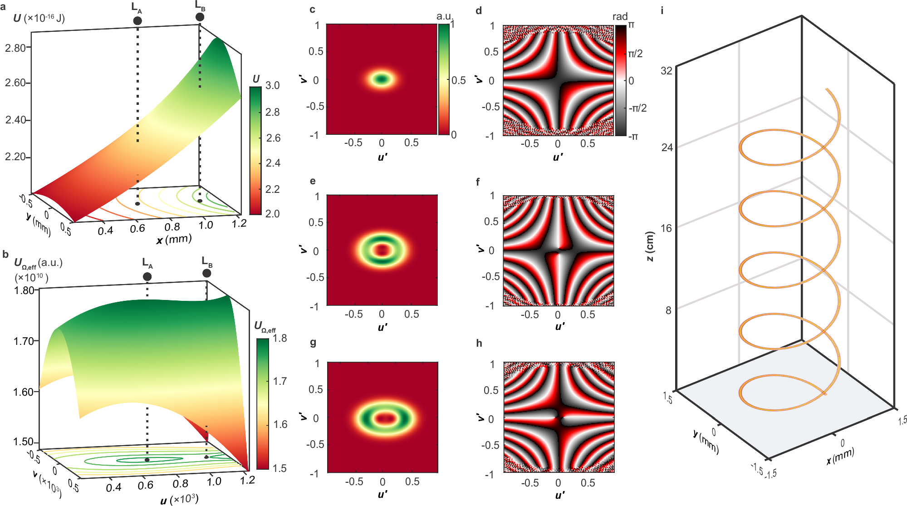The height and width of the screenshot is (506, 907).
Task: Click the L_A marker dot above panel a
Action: (x=137, y=21)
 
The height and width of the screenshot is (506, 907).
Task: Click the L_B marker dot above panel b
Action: (x=206, y=273)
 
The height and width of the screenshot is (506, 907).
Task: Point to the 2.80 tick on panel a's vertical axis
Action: (x=15, y=48)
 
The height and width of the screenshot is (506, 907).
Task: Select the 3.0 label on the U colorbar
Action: (x=272, y=85)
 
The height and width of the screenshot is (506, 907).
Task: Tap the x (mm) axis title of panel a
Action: (x=174, y=239)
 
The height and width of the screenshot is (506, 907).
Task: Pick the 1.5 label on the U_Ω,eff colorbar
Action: (x=279, y=468)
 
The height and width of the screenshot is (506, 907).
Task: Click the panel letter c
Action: (x=312, y=10)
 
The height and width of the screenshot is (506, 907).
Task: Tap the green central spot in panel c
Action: (x=382, y=79)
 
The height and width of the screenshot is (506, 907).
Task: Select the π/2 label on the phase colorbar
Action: (x=635, y=54)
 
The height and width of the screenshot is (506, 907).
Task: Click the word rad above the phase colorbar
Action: (x=620, y=17)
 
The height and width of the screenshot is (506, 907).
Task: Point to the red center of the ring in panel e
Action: (x=382, y=250)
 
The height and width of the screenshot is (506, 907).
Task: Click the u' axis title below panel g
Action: (x=382, y=494)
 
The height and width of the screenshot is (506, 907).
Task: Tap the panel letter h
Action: (x=479, y=344)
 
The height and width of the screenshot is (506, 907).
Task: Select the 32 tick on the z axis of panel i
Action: (x=666, y=70)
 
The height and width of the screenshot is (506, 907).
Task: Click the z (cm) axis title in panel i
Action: (x=650, y=246)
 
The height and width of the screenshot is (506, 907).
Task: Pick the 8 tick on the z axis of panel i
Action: (x=668, y=310)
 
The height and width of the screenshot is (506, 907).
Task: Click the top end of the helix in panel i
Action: (x=827, y=89)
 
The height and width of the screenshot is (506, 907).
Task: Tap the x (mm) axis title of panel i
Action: (x=840, y=456)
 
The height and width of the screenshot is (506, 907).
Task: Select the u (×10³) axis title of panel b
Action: (x=179, y=500)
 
